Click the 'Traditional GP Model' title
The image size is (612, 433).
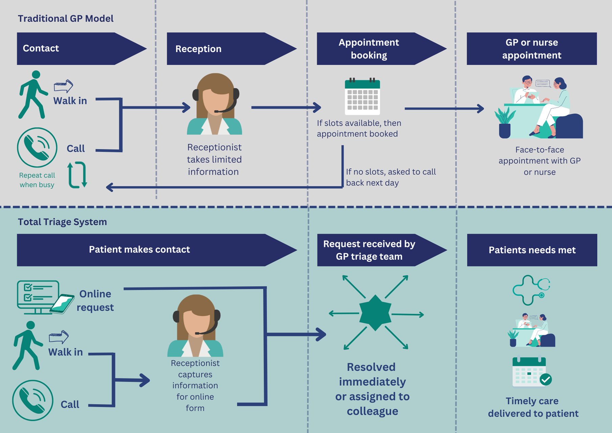click(66, 19)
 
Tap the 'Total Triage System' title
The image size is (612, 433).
click(62, 222)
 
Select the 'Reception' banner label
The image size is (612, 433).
click(198, 49)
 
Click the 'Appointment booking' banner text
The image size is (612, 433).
click(369, 49)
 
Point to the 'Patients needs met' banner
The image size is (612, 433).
click(532, 250)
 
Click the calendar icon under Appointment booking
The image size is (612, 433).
click(362, 97)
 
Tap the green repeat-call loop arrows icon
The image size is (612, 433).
click(77, 175)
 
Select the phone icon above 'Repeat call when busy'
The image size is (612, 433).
click(37, 147)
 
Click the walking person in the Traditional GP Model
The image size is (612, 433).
click(32, 95)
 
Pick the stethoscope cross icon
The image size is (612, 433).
click(530, 290)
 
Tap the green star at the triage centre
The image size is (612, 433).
click(375, 313)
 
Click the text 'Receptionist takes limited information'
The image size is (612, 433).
click(214, 159)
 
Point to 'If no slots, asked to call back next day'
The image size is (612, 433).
click(391, 177)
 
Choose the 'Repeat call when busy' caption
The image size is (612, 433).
click(37, 180)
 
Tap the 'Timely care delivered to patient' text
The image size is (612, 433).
click(533, 407)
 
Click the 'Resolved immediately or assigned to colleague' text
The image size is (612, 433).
click(372, 389)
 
